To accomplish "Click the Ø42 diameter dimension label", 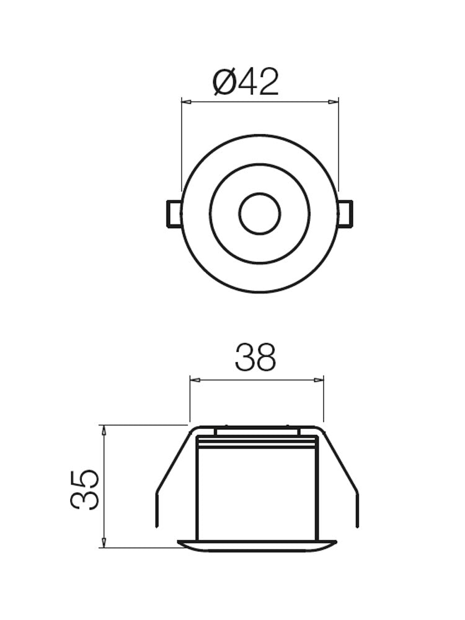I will pos(246,82).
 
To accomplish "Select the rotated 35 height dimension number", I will pos(85,490).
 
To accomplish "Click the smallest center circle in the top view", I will pos(259,214).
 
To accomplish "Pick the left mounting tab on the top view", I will pos(173,214).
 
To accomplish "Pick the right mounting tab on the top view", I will pos(345,214).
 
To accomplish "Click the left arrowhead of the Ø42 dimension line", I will pos(185,101).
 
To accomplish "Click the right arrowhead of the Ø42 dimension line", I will pos(335,101).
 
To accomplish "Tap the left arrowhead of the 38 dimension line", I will pos(193,379).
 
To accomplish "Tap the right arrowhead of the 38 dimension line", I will pos(320,379).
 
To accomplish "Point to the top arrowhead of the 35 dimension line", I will pos(104,429).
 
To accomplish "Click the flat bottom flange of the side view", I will pos(257,546).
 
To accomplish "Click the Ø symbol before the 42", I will pos(224,82).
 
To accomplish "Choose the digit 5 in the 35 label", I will pos(85,479).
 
